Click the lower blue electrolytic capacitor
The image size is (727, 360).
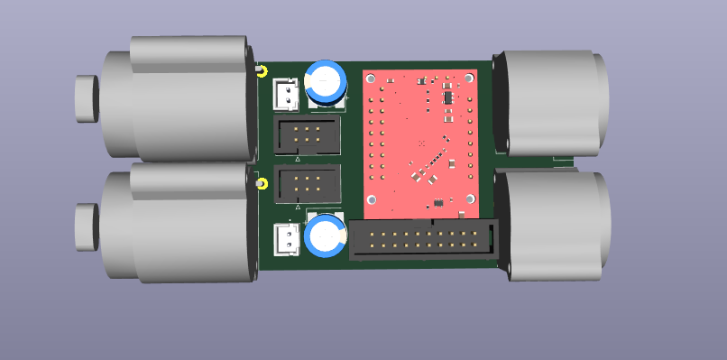[325, 235]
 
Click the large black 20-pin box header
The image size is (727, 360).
[422, 241]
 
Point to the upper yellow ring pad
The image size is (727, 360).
[262, 71]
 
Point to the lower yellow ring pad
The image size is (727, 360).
[262, 185]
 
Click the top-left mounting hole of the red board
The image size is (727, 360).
[369, 78]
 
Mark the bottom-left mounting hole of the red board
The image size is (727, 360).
[369, 203]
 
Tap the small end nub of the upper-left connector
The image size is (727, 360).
[87, 97]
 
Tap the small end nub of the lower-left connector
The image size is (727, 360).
[87, 227]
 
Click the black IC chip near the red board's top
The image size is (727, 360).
[447, 95]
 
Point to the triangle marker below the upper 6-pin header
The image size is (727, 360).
[298, 158]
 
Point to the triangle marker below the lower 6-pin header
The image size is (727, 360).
[298, 208]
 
